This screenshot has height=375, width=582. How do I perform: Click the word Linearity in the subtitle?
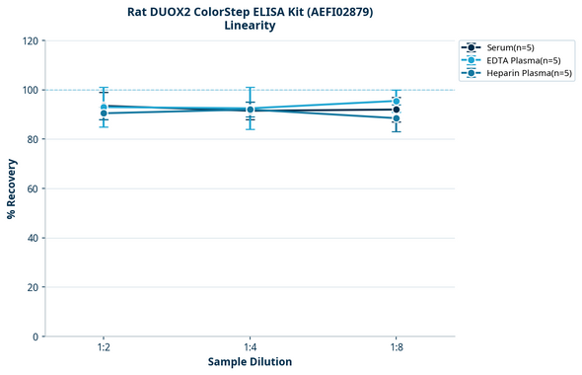250,26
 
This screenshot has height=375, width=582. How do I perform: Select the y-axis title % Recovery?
12,188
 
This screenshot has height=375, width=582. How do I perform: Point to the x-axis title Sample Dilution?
250,362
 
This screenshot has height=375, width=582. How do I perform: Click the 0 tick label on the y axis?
36,337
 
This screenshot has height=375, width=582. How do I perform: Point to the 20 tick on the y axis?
33,287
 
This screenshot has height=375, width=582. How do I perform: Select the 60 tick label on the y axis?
33,188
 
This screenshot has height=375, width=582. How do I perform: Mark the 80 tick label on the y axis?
33,139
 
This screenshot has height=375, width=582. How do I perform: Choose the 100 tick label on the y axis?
30,90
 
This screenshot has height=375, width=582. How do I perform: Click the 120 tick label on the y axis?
30,40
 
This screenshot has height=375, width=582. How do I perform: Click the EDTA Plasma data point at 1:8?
396,101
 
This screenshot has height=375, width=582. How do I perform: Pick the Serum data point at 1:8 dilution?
396,110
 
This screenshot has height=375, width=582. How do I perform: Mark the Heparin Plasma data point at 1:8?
396,118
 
